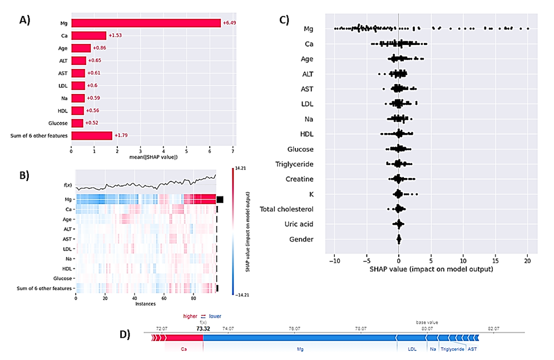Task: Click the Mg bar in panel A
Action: coord(146,23)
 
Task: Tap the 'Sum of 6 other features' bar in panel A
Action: coord(91,135)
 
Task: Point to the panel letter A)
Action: coord(25,21)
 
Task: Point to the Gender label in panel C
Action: coord(301,239)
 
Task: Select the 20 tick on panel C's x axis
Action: coord(527,260)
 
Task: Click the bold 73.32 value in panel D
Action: coord(202,329)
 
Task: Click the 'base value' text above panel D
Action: coord(427,322)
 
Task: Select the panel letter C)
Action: coord(284,21)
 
